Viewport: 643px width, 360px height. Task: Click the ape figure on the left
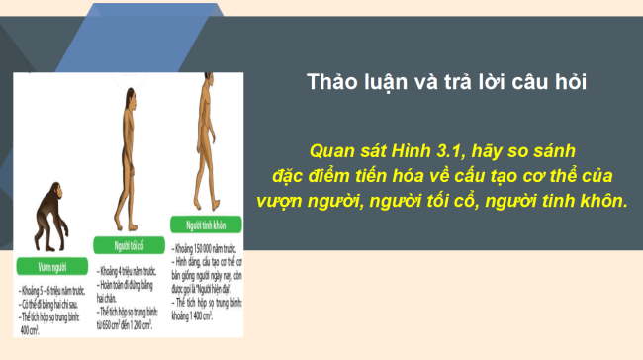(x=48, y=217)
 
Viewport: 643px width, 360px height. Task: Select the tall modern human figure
(x=204, y=138)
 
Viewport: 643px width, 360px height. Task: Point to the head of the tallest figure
(x=205, y=81)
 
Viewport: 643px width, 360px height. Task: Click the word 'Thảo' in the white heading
(x=333, y=82)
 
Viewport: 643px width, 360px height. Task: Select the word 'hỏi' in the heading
(x=571, y=82)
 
